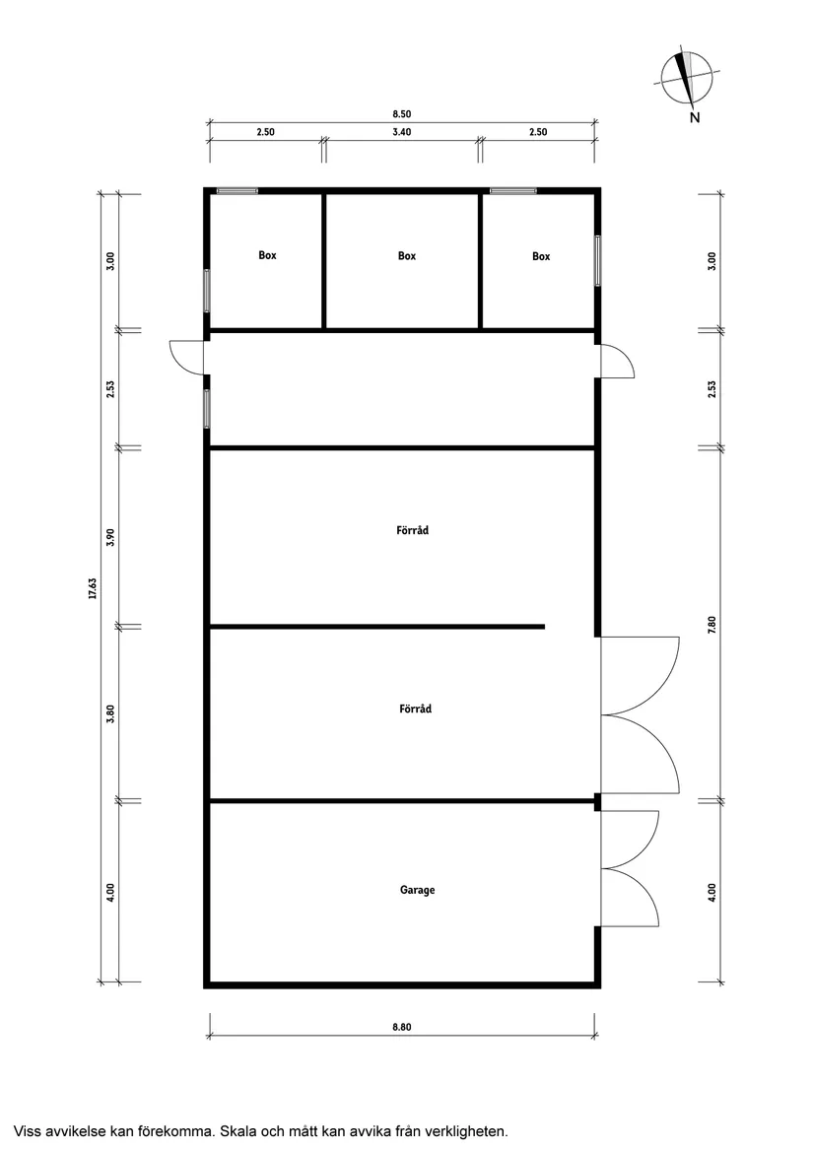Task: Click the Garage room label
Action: tap(417, 890)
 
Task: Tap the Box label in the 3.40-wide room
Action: tap(406, 256)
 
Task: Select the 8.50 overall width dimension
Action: tap(401, 113)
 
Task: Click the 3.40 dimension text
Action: tap(401, 132)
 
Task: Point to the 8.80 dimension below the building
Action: tap(401, 1027)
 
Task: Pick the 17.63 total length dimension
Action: tap(93, 588)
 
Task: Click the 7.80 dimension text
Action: tap(711, 625)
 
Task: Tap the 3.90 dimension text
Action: tap(110, 537)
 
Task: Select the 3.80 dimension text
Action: tap(110, 713)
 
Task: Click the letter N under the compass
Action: tap(695, 117)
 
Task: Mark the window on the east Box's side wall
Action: tap(598, 260)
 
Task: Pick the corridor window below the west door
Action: tap(207, 409)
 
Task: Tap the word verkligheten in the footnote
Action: tap(469, 1131)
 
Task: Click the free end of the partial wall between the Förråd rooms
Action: tap(544, 627)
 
